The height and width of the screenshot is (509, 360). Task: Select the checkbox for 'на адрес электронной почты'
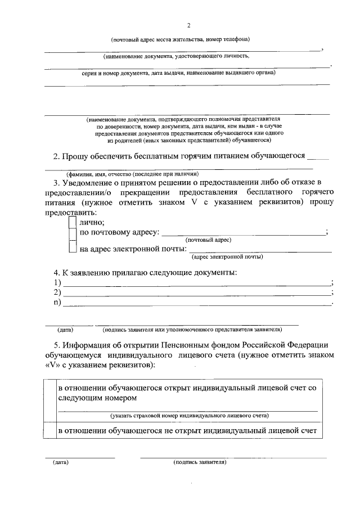point(72,247)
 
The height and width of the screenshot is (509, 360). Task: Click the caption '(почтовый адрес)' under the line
point(209,240)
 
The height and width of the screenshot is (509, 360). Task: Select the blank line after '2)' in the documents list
point(197,294)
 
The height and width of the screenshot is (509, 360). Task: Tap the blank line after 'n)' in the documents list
point(197,304)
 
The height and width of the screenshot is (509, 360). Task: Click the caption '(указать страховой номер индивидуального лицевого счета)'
point(189,416)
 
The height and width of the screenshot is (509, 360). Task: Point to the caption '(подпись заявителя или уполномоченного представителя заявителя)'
point(196,328)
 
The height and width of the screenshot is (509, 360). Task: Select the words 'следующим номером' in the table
point(98,398)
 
